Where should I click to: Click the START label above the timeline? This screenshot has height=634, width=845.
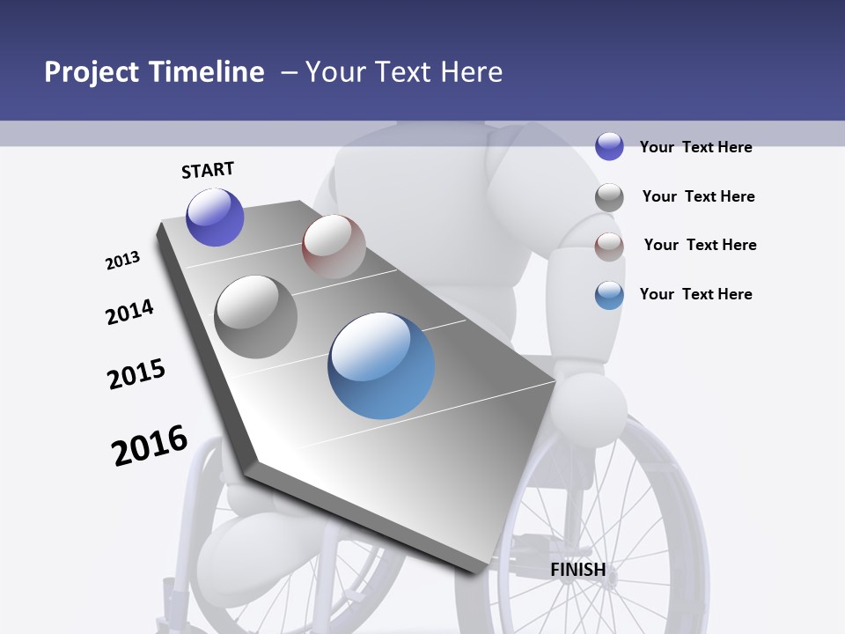coord(208,170)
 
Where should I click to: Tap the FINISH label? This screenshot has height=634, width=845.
coord(577,570)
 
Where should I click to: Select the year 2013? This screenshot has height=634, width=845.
coord(122,261)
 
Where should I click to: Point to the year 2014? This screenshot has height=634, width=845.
coord(129,312)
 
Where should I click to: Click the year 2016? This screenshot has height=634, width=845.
coord(150,446)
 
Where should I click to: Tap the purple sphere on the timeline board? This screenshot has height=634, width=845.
coord(215,217)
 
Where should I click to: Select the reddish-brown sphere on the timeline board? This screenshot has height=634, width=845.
coord(334,246)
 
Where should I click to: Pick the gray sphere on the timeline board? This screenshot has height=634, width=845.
coord(256,316)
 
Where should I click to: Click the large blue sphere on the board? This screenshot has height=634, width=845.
coord(381,365)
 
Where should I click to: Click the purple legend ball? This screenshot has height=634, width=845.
coord(609,146)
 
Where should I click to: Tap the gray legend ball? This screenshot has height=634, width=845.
coord(609,196)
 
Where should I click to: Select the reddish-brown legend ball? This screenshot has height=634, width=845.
coord(609,246)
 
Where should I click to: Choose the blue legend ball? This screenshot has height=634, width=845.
coord(609,295)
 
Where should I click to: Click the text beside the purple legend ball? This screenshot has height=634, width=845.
coord(695,147)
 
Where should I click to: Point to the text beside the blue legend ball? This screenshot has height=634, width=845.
coord(695,294)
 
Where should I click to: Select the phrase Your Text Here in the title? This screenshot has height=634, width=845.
coord(404,72)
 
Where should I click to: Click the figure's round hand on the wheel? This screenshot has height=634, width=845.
coord(590,408)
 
